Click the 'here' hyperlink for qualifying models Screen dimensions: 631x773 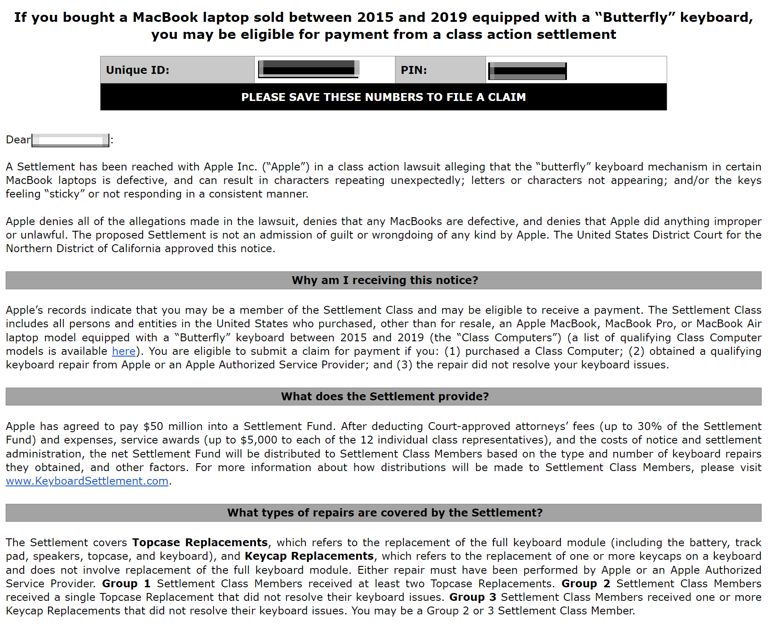click(124, 351)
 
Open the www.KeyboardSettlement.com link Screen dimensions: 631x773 click(87, 481)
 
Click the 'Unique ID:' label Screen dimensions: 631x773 click(137, 70)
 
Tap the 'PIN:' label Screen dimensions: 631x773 click(413, 70)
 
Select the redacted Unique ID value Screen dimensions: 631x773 click(309, 69)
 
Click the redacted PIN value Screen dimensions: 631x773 click(528, 71)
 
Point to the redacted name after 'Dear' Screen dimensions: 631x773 click(70, 140)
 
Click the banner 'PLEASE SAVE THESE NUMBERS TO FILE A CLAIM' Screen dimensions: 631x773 click(383, 97)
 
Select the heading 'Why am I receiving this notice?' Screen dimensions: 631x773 click(385, 280)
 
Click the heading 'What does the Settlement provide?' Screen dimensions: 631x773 click(385, 396)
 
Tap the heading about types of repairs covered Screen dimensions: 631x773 click(385, 513)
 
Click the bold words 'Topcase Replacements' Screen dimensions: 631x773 click(200, 542)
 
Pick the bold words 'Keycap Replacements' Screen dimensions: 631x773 click(309, 556)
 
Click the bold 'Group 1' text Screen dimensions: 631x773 click(126, 583)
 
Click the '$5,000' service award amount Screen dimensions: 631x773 click(259, 440)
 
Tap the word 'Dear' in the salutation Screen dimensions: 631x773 click(18, 140)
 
